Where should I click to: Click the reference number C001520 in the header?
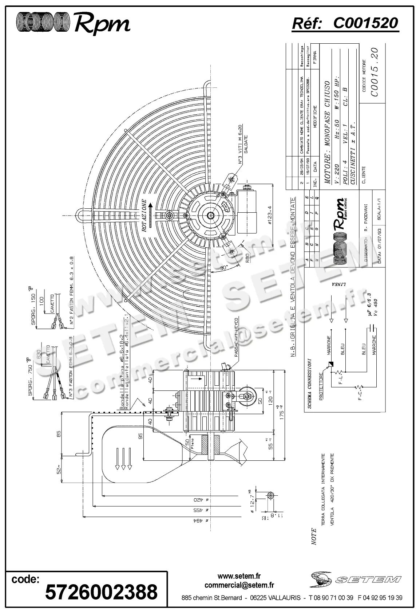tap(365, 24)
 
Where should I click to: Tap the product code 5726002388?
tap(101, 591)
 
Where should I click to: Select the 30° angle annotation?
tap(223, 268)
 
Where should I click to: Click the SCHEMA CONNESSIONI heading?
tap(308, 383)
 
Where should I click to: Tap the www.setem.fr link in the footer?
tap(239, 576)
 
